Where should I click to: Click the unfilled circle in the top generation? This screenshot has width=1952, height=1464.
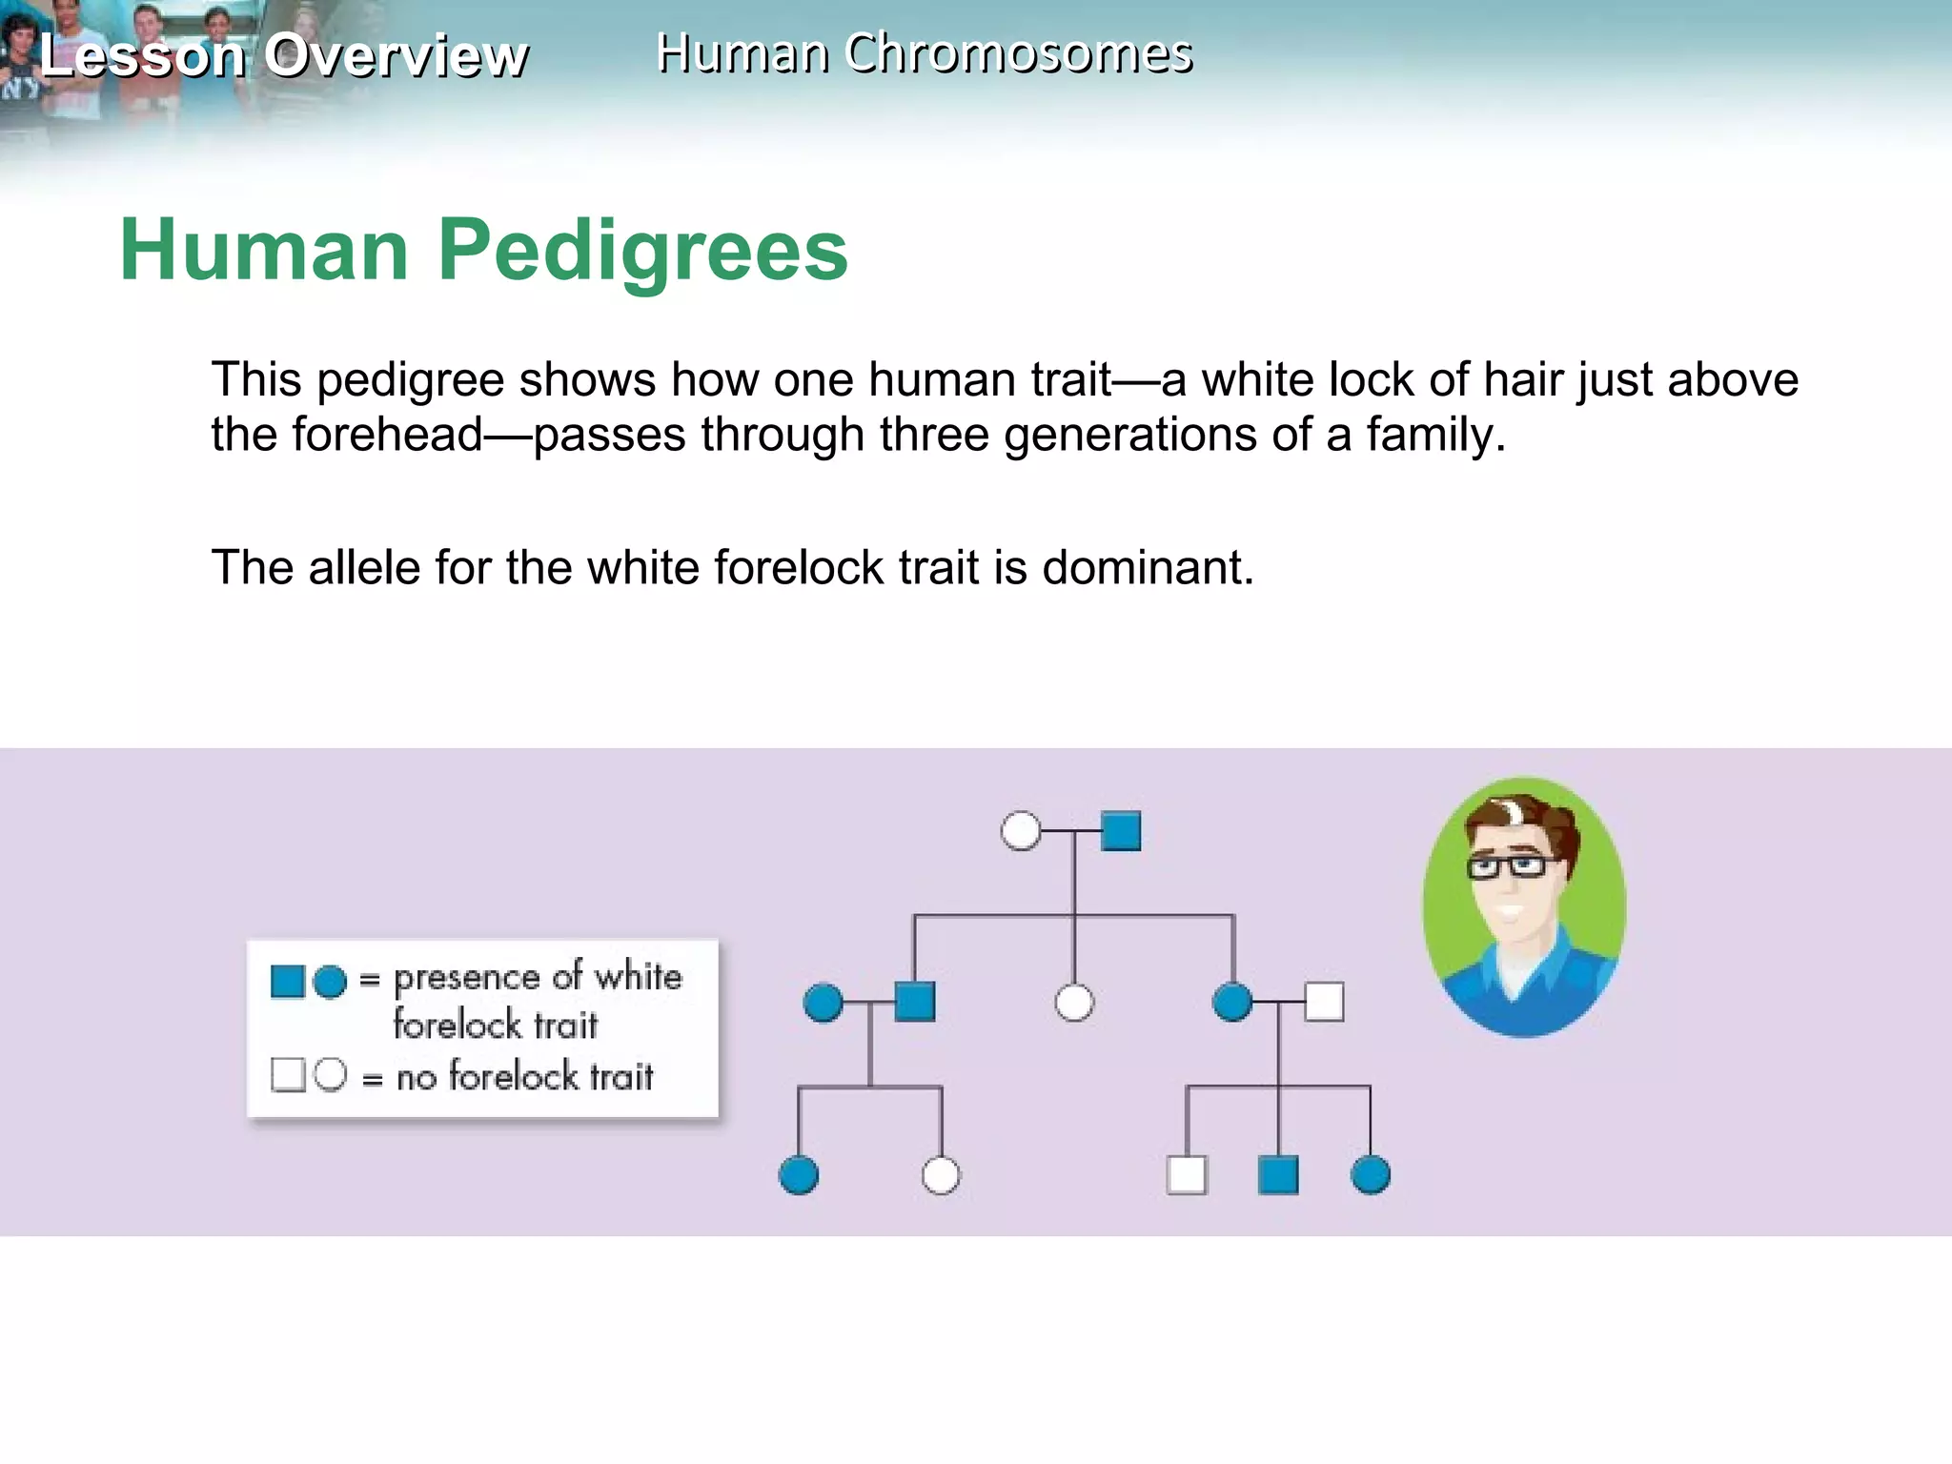[1021, 830]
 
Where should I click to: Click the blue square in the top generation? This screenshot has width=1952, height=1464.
[1121, 830]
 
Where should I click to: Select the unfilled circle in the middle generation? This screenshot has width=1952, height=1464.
[1074, 1002]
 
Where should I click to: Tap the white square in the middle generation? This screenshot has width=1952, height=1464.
[1324, 1002]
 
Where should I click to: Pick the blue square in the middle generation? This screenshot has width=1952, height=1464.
[915, 1002]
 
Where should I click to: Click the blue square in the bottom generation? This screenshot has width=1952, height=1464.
[1278, 1174]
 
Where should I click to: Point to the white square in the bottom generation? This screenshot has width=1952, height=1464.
[1187, 1174]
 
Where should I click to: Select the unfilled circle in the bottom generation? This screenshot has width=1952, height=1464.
[941, 1174]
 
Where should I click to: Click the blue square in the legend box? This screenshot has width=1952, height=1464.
[287, 981]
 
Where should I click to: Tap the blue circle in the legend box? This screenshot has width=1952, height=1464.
[330, 982]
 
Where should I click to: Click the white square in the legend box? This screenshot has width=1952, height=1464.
[287, 1074]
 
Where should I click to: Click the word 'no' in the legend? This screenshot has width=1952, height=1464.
[417, 1078]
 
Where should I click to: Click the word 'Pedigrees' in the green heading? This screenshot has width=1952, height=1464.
[642, 250]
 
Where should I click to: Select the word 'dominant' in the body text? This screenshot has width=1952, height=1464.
[1148, 568]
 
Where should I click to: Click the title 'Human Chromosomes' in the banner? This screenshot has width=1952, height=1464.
[924, 53]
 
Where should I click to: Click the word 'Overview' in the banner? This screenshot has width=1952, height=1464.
[396, 55]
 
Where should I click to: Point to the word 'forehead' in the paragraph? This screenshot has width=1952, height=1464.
[387, 435]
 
